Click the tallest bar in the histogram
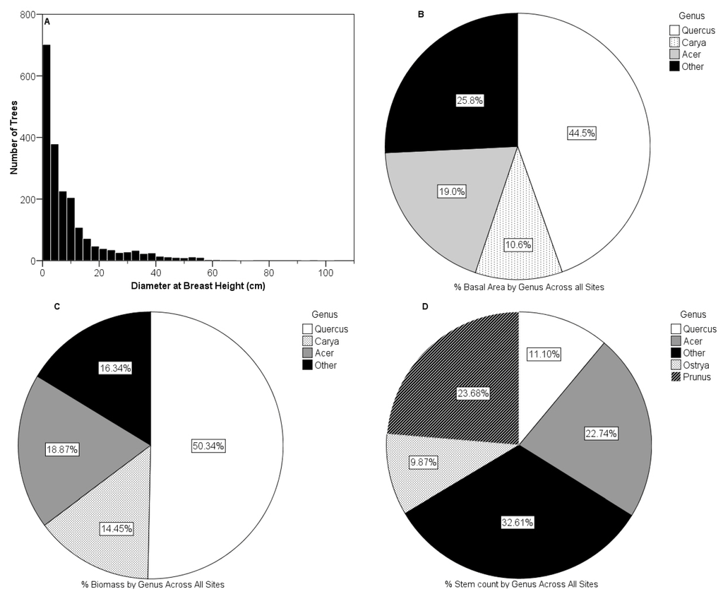click(47, 153)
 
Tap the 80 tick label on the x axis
click(269, 273)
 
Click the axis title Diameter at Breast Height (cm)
click(198, 286)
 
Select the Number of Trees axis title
click(14, 138)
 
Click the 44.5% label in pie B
click(582, 133)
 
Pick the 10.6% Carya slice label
click(518, 244)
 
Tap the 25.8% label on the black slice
click(470, 100)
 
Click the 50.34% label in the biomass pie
click(208, 446)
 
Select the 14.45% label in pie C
click(116, 529)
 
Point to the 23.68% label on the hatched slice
click(473, 393)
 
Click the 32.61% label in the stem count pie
click(518, 523)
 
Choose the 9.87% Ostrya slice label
click(424, 462)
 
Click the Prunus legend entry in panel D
click(691, 376)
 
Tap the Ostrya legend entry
click(691, 364)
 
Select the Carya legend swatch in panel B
click(674, 42)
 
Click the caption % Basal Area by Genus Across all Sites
click(529, 287)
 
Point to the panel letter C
click(57, 307)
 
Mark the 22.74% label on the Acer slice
click(602, 434)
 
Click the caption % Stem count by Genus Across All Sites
click(522, 584)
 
